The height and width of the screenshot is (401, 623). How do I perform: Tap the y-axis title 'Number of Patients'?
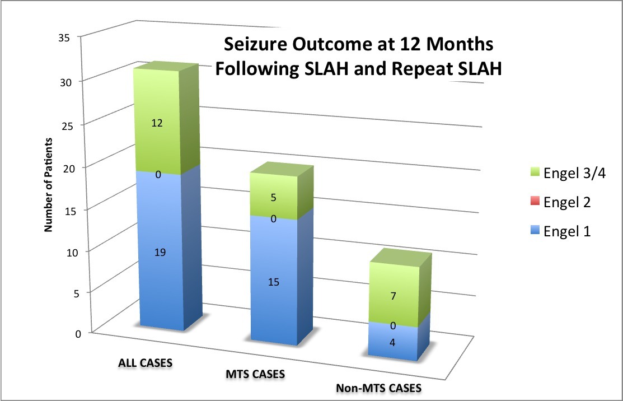click(x=49, y=184)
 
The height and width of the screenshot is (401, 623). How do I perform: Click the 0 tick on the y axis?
click(x=78, y=334)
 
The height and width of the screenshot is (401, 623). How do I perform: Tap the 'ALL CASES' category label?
click(x=145, y=362)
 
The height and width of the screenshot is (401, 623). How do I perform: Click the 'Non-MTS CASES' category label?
click(x=378, y=388)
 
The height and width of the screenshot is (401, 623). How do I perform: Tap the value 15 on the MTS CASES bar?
click(x=273, y=282)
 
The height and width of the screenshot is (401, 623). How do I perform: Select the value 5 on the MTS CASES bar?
click(x=273, y=197)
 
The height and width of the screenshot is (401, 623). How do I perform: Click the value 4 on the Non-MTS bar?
click(x=394, y=342)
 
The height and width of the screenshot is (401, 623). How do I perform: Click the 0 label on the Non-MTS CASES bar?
click(x=394, y=325)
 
